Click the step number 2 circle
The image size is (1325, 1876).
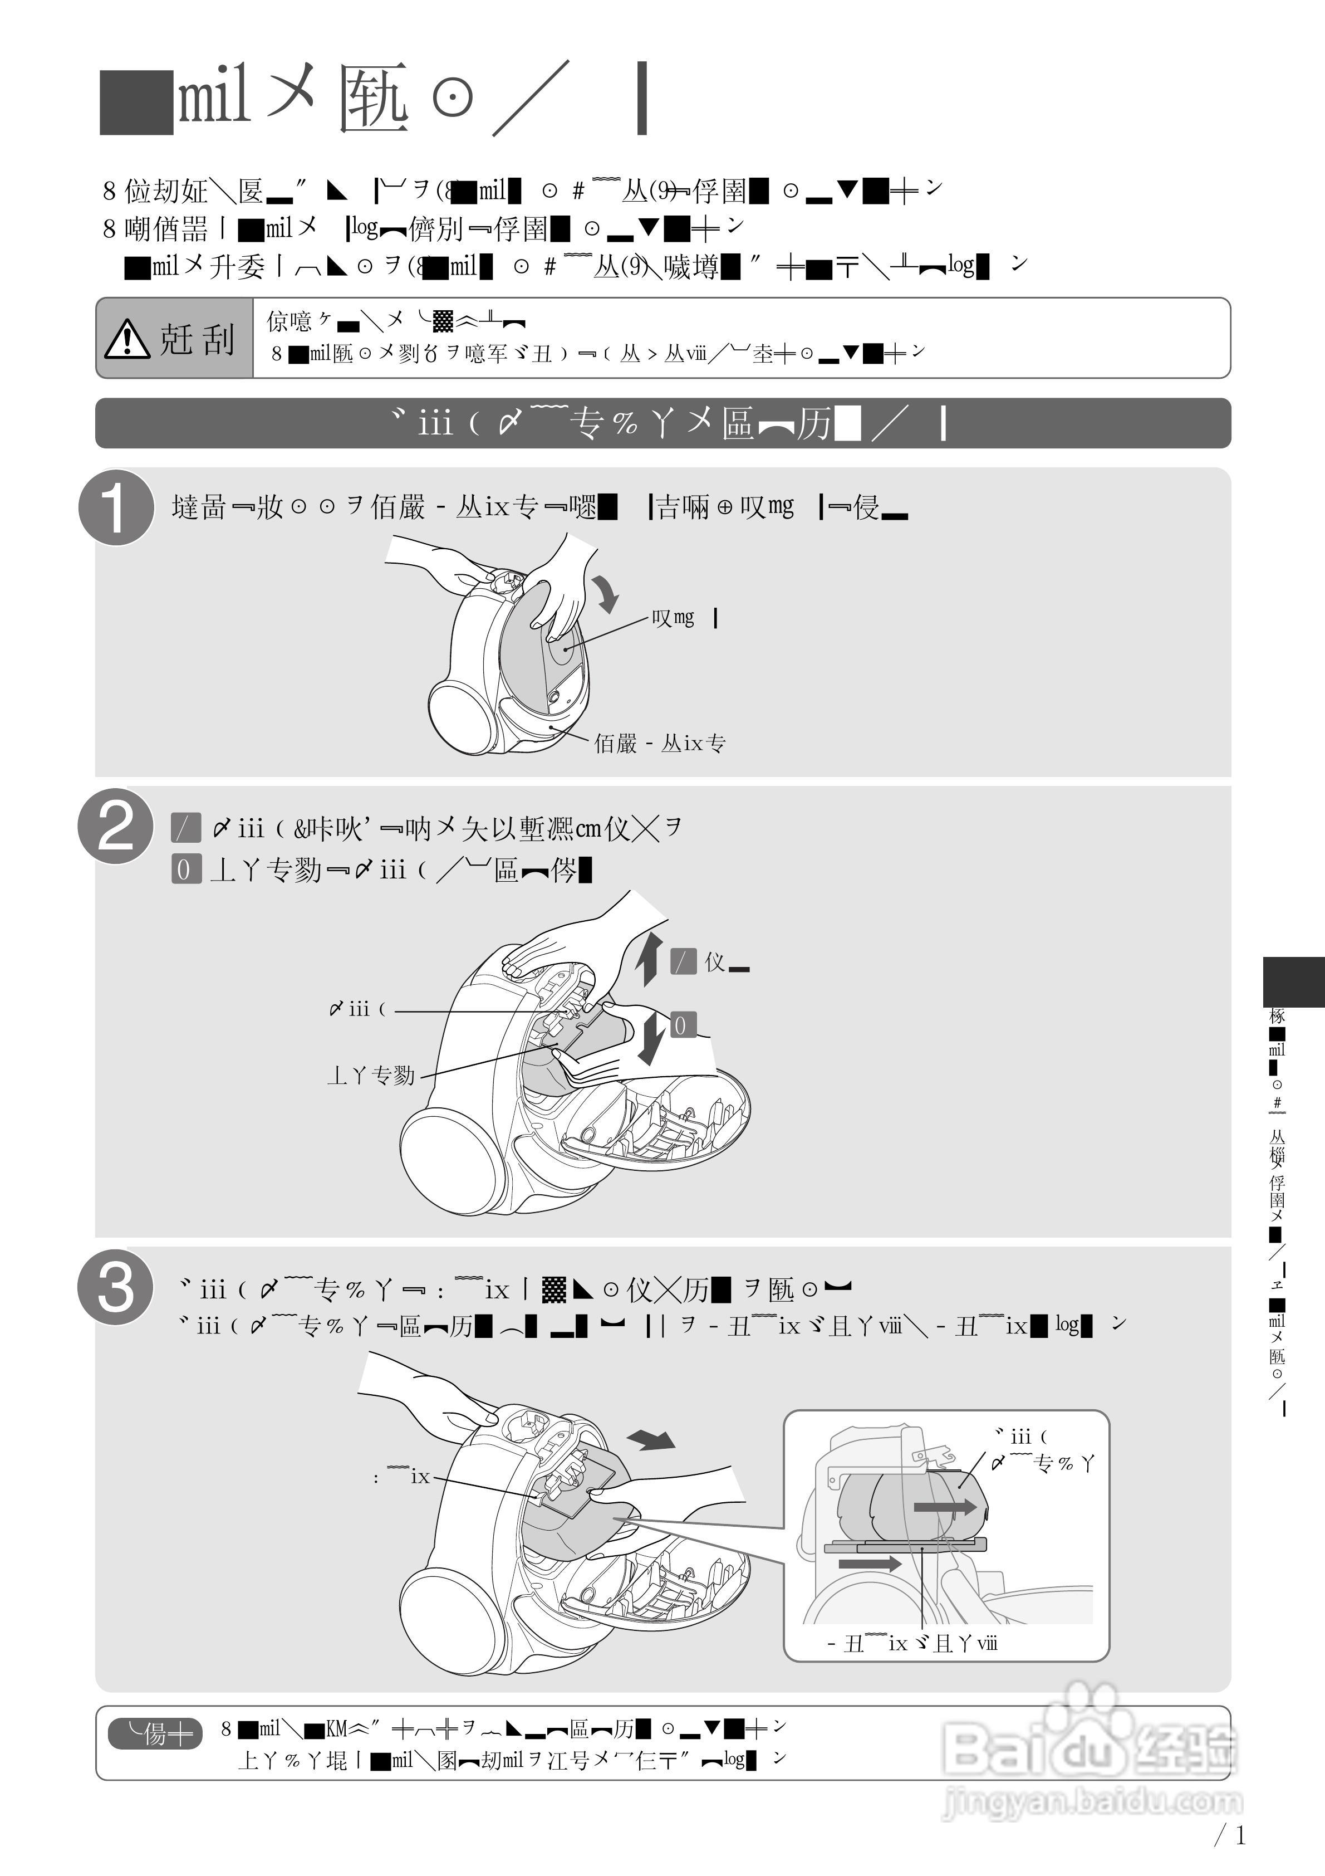coord(116,827)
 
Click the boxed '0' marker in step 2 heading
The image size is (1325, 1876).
coord(185,869)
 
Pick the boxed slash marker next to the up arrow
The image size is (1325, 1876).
coord(683,962)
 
